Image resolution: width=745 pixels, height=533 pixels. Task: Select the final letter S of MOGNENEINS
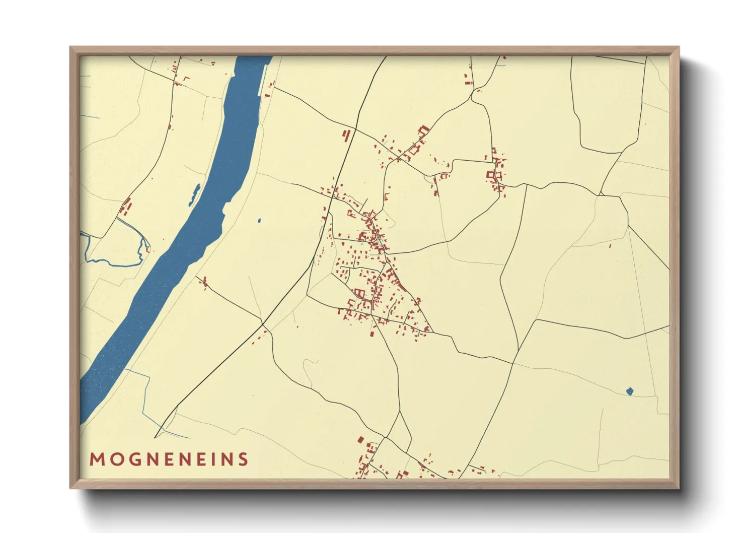pos(244,459)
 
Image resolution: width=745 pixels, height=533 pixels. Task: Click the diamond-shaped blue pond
pos(630,391)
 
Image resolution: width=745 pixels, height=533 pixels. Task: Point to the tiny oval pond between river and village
pos(259,221)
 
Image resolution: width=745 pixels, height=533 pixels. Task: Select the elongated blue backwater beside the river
pos(194,195)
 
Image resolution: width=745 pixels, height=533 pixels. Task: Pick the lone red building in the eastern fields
pos(610,246)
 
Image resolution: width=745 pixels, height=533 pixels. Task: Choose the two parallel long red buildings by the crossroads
pos(346,136)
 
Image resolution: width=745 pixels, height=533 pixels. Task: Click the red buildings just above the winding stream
pos(125,207)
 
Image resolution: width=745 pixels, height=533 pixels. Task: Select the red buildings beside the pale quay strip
pos(269,91)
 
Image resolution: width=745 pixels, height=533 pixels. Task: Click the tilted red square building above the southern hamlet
pos(360,440)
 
